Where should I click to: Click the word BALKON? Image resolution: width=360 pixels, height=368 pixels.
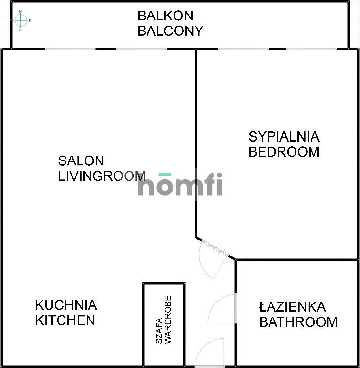[x=165, y=16]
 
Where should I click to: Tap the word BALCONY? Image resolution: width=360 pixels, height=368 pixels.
[x=170, y=31]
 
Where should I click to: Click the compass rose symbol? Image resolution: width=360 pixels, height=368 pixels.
[x=21, y=20]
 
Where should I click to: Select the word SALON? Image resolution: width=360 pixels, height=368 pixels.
[x=81, y=160]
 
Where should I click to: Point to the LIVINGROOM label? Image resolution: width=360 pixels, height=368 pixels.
[x=101, y=176]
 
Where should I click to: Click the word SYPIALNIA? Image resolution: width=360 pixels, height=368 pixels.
[x=284, y=136]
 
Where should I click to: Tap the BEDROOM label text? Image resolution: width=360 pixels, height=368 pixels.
[x=284, y=152]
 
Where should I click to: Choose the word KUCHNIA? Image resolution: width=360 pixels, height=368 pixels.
[x=65, y=305]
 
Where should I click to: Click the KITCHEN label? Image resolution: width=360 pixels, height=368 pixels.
[x=65, y=320]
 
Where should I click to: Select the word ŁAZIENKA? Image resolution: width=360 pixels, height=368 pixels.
[x=292, y=306]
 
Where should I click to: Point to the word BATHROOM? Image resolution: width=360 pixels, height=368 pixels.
[x=298, y=321]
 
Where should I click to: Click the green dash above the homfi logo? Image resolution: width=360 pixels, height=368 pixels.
[x=165, y=174]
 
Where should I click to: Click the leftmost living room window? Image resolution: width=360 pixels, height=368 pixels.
[x=70, y=48]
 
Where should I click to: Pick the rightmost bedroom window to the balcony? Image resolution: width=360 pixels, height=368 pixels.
[x=311, y=48]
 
